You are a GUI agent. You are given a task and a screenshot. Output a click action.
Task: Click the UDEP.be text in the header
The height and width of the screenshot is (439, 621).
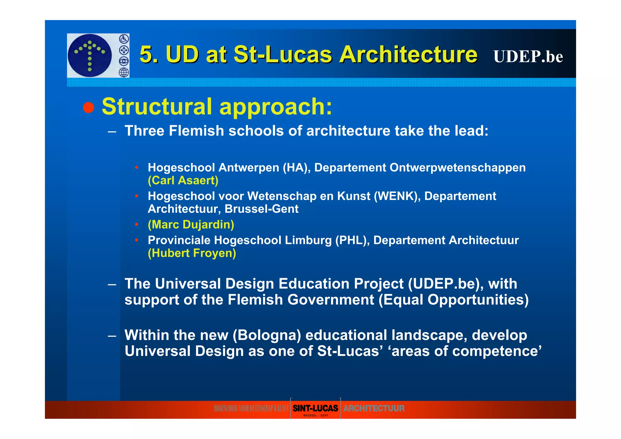tap(528, 56)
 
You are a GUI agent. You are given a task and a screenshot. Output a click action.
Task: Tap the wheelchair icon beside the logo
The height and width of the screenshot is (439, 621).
tap(124, 39)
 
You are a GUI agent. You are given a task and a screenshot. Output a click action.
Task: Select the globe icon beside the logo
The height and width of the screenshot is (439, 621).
tap(124, 73)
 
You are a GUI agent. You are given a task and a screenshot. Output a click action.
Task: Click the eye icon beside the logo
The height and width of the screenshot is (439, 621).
tap(124, 61)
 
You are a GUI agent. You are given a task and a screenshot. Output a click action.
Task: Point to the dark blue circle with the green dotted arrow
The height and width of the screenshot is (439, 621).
tap(90, 55)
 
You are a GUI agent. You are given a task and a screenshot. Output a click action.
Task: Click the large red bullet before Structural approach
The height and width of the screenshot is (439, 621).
tap(89, 107)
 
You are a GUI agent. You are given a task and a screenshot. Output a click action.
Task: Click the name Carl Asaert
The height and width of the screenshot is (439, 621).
tap(183, 181)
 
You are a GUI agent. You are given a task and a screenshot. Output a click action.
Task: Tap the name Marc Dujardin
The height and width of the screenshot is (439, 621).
tap(191, 225)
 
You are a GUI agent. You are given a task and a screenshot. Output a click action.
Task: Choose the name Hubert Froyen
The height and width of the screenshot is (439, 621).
tap(192, 253)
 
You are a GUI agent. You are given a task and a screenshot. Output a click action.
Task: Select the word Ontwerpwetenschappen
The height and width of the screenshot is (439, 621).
tap(458, 168)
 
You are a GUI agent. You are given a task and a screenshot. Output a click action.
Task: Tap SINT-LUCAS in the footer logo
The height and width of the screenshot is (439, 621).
tap(315, 408)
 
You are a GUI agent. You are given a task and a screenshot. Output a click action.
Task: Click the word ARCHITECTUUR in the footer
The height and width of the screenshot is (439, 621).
tap(374, 408)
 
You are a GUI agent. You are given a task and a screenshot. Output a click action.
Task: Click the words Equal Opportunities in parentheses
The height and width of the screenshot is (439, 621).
tap(453, 300)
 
